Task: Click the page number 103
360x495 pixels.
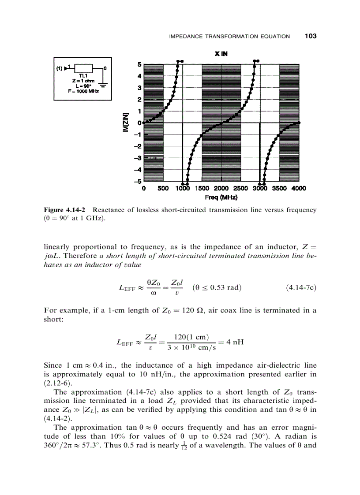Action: tap(310, 36)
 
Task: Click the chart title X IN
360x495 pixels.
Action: tap(221, 54)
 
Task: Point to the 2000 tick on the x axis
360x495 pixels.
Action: tap(221, 188)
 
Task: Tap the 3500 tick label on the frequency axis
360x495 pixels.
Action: tap(278, 188)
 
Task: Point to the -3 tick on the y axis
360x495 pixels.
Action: tap(138, 158)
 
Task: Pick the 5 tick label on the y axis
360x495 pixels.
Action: tap(139, 64)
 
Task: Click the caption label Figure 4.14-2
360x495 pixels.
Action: tap(65, 210)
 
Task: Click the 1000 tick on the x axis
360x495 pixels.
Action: tap(182, 188)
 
